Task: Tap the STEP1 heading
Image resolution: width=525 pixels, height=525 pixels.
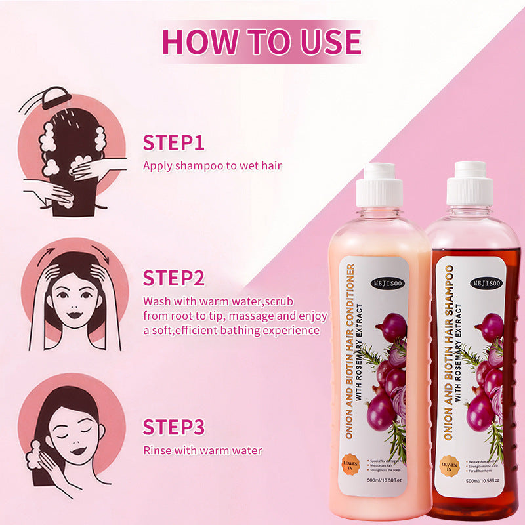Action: pos(174,143)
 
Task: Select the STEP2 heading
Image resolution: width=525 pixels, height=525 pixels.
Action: pos(174,278)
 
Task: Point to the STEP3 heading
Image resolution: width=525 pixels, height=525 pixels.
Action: pos(174,427)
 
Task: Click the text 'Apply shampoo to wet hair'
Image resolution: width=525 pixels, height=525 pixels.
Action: pos(212,165)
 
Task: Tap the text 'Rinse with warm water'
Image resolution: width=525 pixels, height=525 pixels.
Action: pos(202,450)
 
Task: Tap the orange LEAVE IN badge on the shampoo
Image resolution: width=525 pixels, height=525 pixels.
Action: pos(451,465)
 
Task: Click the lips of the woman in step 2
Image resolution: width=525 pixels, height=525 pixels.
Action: pos(73,314)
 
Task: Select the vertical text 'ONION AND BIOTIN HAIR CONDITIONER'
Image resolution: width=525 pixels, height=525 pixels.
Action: pos(350,351)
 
